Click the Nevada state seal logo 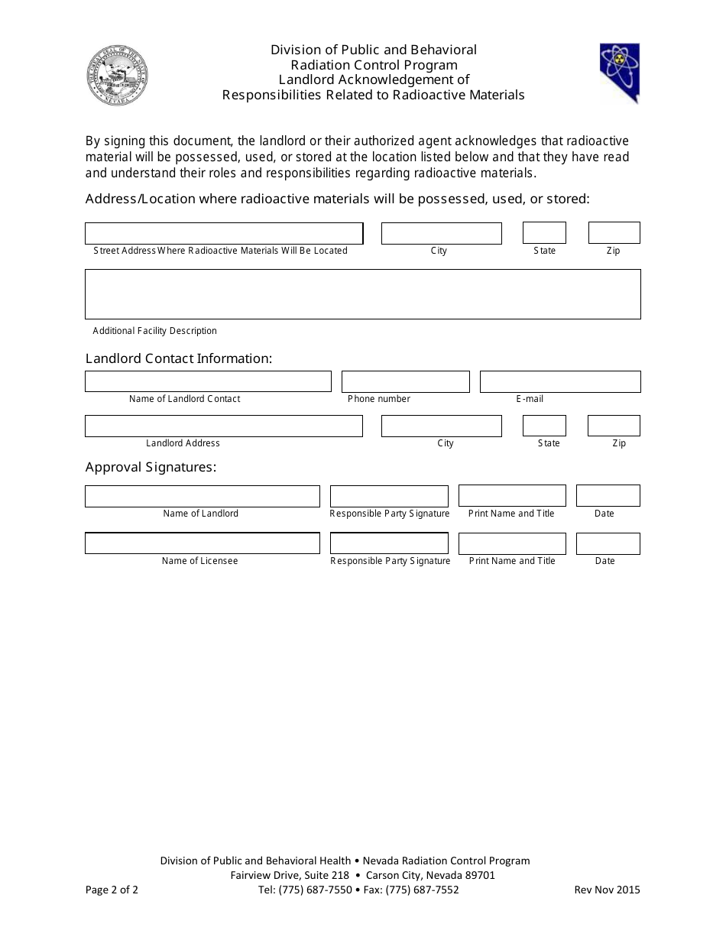coord(117,76)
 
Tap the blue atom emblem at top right coord(619,73)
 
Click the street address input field coord(223,233)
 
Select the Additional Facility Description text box coord(362,294)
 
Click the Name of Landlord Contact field coord(208,381)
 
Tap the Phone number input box coord(405,381)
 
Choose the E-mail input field coord(559,381)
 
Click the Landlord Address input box coord(223,426)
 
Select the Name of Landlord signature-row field coord(202,496)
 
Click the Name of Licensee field coord(202,543)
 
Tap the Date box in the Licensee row coord(608,543)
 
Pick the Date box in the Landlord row coord(608,496)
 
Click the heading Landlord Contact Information coord(179,358)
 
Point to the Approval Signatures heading coord(151,467)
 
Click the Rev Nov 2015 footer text coord(607,890)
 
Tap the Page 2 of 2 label coord(112,890)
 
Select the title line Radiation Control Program coord(374,65)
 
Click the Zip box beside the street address coord(614,233)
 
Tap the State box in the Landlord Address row coord(544,426)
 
